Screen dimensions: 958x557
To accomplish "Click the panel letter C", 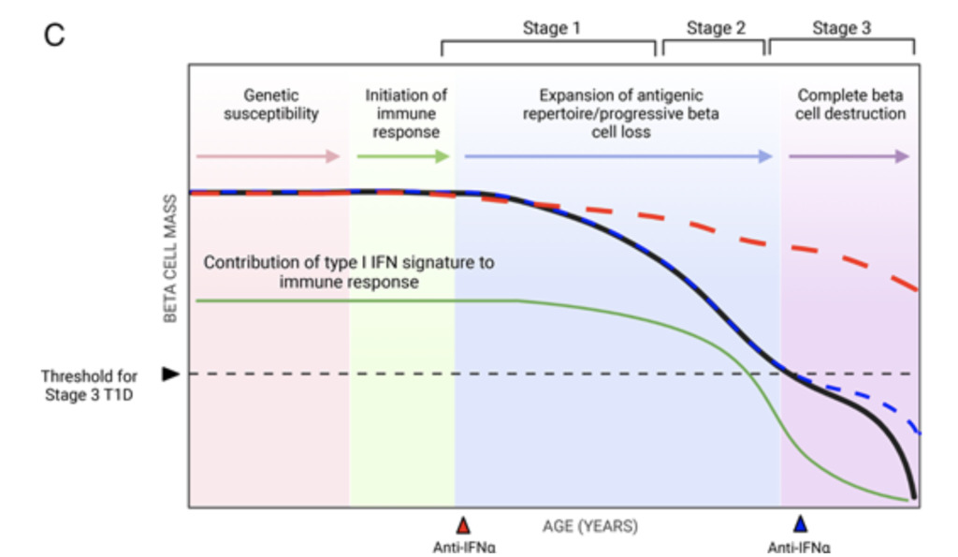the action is coord(53,35).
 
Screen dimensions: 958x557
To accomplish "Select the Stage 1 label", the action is coord(551,28).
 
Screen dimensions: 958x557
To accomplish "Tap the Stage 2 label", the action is coord(716,28).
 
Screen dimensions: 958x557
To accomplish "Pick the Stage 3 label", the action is coord(841,28).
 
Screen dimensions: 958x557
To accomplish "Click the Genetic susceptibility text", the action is coord(271,105).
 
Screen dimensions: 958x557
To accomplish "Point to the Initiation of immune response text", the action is coord(406,113).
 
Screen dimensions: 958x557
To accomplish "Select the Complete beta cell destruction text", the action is coord(850,105).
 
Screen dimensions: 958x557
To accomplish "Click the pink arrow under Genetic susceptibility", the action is coord(268,156).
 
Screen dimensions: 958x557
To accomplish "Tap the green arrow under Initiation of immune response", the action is coord(403,156).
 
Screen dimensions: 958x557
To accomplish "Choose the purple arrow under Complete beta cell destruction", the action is coord(849,156).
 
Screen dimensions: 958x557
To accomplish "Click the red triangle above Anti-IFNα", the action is coord(463,526).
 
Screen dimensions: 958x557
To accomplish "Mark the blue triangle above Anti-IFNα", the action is coord(801,524).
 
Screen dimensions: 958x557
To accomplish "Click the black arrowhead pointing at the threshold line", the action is coord(170,374).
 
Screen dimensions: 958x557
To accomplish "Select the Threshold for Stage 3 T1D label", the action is coord(89,385).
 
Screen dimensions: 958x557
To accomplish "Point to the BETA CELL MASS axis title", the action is coord(170,258).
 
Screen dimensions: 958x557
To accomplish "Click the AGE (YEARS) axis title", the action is coord(590,526).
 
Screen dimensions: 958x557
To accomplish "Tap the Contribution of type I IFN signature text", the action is coord(349,272).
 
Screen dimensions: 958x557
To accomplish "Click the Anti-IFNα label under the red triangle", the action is coord(464,548).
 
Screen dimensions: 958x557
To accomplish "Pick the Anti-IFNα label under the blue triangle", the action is coord(799,548).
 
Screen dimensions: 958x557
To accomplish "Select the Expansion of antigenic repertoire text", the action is coord(621,113).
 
